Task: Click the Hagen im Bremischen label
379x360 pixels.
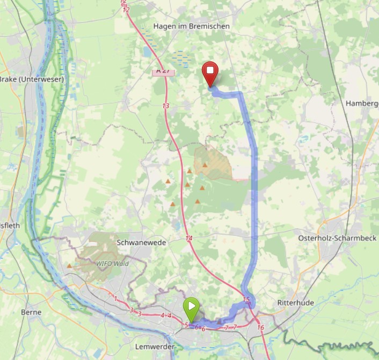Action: coord(191,26)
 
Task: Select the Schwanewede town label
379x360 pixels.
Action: coord(141,243)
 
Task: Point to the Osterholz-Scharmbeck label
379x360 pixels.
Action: coord(337,238)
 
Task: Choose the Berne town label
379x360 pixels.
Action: coord(31,312)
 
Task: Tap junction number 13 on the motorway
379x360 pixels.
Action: coord(165,106)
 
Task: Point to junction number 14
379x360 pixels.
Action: coord(188,238)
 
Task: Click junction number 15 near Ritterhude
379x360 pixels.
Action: coord(246,299)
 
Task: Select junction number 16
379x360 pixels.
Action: coord(261,327)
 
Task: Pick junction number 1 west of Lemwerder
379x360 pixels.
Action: coord(115,298)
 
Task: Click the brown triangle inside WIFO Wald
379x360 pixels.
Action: coord(70,265)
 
